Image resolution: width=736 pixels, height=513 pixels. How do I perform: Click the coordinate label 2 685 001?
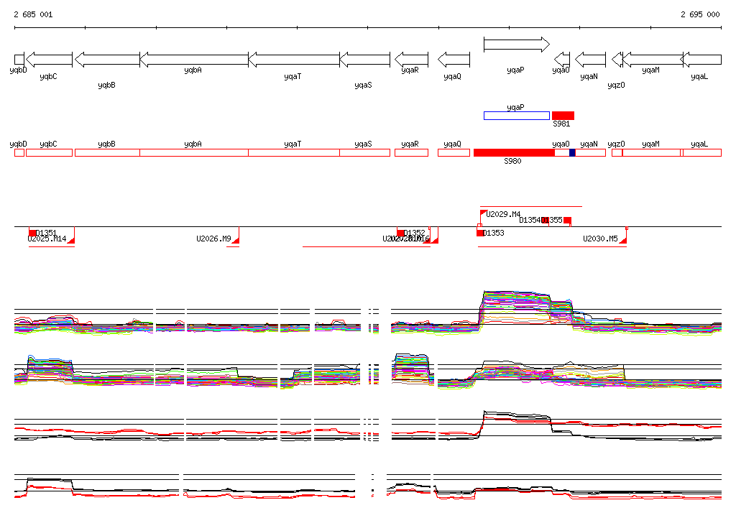(x=33, y=14)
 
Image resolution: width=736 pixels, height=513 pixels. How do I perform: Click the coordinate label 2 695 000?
(x=700, y=14)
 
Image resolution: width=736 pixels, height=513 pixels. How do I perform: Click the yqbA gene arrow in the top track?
(x=193, y=60)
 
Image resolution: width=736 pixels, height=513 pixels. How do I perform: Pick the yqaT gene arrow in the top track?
(x=293, y=60)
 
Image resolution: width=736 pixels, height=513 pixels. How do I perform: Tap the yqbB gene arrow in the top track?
(x=107, y=60)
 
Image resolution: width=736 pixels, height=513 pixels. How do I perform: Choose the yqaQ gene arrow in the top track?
(x=454, y=60)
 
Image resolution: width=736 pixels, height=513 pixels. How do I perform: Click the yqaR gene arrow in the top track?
(x=411, y=60)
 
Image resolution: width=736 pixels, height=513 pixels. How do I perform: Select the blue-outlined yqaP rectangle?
(x=516, y=116)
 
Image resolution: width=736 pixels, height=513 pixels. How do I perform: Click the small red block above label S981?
(x=563, y=116)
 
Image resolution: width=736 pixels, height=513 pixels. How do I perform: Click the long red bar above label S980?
(x=514, y=152)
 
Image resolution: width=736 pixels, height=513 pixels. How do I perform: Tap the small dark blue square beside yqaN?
(x=572, y=152)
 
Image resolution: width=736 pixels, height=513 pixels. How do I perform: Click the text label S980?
(x=512, y=162)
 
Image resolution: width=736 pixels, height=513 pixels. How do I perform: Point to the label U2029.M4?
(x=503, y=214)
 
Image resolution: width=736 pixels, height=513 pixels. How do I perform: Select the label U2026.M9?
(x=213, y=239)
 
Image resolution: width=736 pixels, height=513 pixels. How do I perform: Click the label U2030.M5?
(x=600, y=239)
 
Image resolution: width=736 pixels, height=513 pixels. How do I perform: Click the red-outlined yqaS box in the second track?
(x=364, y=152)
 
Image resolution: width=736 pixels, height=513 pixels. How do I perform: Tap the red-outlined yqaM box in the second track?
(x=651, y=152)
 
